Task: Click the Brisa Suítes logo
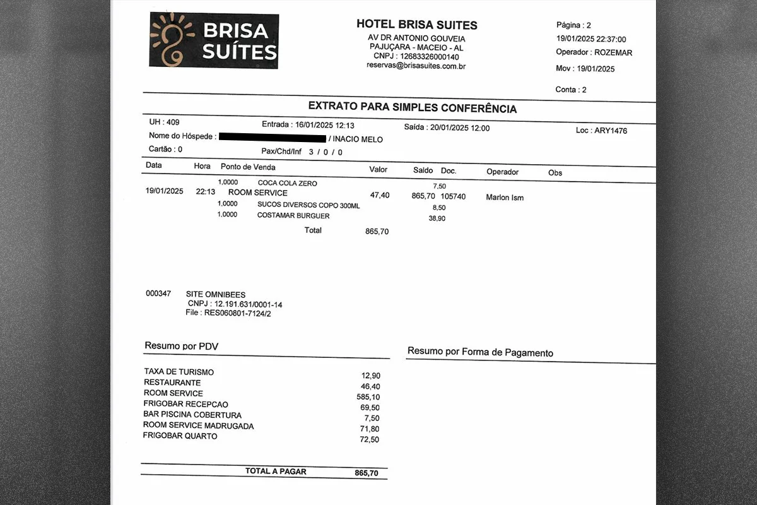click(214, 40)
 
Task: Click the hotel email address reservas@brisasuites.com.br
click(416, 66)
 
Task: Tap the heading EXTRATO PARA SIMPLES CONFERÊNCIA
click(412, 108)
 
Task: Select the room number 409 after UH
click(173, 122)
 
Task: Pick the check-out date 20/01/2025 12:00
click(459, 128)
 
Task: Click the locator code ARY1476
click(611, 131)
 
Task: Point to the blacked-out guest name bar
click(273, 137)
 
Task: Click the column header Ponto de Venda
click(248, 167)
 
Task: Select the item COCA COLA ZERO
click(287, 183)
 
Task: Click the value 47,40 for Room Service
click(380, 195)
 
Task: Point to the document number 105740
click(453, 196)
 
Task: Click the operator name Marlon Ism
click(505, 198)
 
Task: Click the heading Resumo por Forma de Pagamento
click(480, 352)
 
